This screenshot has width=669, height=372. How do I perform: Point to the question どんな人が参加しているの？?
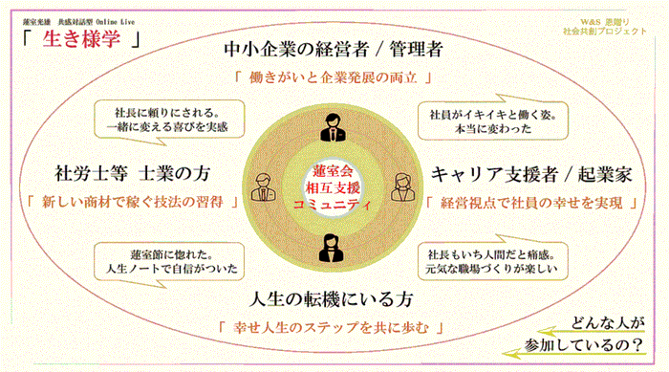tap(596, 333)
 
